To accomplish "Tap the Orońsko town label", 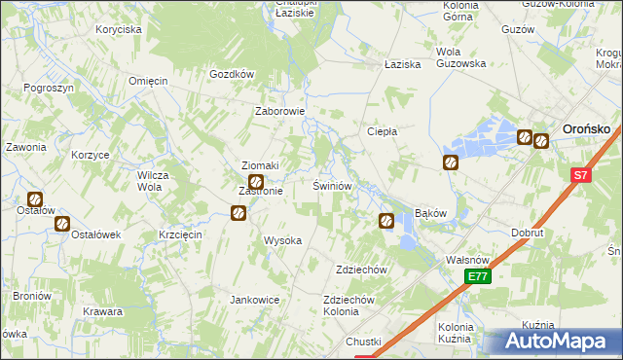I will point(587,127).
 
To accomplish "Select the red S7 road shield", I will point(581,176).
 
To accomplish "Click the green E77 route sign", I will point(477,277).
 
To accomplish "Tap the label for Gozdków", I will point(232,74).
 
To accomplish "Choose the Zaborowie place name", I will point(280,111).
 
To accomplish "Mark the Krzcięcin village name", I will point(179,235).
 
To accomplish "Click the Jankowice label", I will point(255,300).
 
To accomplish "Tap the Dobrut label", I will point(528,233).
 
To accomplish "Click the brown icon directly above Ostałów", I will point(36,199).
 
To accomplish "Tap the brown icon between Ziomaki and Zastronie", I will point(256,182).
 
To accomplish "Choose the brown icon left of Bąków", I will point(385,222).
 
